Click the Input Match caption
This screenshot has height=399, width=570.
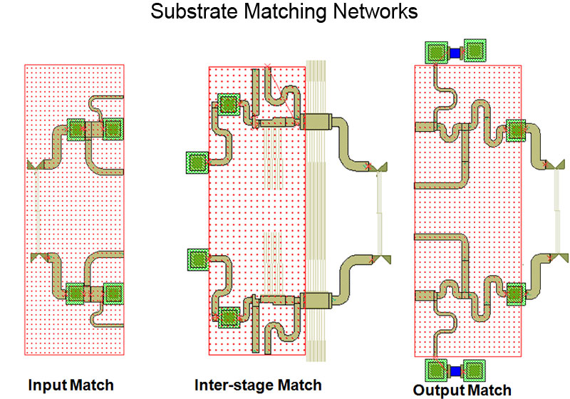[71, 385]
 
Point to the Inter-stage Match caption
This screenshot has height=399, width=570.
[258, 385]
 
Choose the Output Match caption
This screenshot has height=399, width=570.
[462, 389]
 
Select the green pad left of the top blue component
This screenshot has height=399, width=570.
[436, 51]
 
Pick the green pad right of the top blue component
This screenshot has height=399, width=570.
[474, 51]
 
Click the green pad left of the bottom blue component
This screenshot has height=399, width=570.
[436, 370]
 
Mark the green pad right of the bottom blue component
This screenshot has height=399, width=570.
[474, 370]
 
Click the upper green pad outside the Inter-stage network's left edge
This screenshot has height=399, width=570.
[196, 162]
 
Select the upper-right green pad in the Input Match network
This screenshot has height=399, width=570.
[113, 129]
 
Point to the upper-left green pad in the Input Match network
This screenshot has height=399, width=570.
[77, 129]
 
